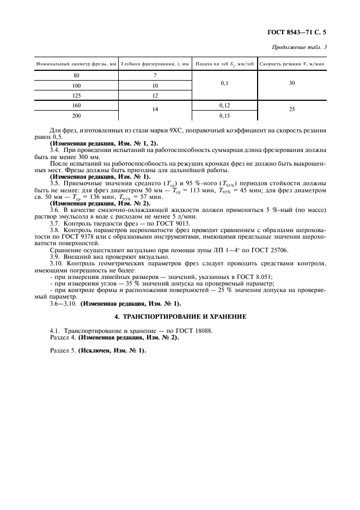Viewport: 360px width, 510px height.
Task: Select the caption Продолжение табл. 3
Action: point(301,48)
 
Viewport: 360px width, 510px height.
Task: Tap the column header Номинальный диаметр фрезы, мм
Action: point(76,64)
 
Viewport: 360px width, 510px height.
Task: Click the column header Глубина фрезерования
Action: point(155,64)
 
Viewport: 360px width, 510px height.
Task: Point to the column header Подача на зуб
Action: point(224,64)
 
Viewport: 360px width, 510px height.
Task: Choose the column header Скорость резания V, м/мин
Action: point(292,64)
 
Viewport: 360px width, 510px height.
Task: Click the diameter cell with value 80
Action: point(76,76)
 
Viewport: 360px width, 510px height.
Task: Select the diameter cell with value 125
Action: point(76,95)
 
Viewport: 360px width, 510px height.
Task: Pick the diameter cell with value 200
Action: point(76,116)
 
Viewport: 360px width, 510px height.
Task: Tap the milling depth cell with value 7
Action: point(155,76)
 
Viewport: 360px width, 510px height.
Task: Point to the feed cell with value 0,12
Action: point(224,105)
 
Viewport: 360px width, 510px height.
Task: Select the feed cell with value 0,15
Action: point(224,116)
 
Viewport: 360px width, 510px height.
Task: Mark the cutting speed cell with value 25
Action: point(292,110)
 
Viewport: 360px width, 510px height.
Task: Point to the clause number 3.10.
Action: point(57,264)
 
